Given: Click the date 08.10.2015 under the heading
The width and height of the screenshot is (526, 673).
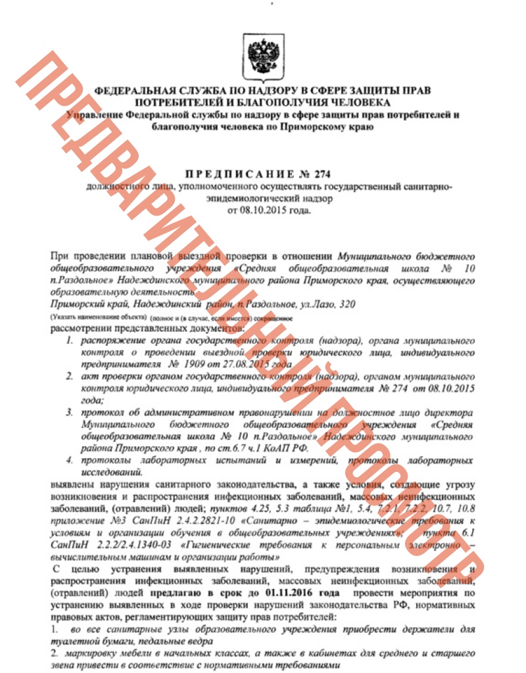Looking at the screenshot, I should [x=262, y=211].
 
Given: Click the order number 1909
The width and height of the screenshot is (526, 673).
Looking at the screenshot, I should [x=195, y=363].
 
